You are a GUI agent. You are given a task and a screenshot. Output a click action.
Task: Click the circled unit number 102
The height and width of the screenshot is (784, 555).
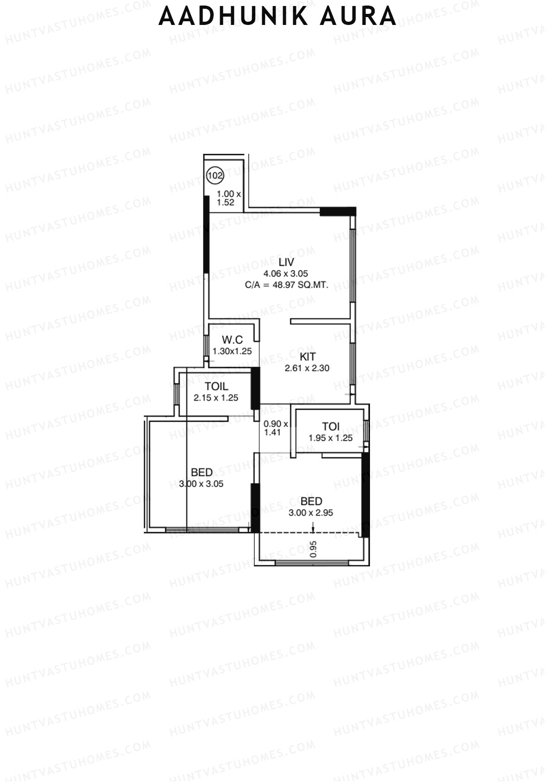click(216, 176)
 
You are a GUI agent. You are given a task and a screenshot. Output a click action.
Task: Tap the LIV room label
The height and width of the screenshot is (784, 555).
click(286, 262)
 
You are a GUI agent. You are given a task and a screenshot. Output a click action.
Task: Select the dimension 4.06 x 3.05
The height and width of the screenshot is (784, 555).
click(285, 273)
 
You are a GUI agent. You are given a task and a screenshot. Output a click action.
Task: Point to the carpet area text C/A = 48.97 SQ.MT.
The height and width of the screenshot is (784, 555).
click(287, 285)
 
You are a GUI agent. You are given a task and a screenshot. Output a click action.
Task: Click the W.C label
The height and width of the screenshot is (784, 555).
click(232, 340)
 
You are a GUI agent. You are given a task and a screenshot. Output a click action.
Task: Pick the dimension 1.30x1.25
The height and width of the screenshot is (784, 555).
click(232, 351)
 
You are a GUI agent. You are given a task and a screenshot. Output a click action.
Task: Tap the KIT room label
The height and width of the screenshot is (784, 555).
click(308, 357)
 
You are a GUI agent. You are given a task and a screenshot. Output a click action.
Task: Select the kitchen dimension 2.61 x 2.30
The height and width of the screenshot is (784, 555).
click(307, 368)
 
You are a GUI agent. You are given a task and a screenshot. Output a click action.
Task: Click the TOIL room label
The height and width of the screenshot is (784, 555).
click(216, 386)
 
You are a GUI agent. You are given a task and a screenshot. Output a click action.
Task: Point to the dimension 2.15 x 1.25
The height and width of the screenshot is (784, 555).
click(216, 398)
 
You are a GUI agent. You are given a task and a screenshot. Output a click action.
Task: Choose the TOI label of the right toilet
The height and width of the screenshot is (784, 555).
click(331, 426)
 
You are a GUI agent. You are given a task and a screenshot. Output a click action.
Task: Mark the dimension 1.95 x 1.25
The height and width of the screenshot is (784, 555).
click(331, 438)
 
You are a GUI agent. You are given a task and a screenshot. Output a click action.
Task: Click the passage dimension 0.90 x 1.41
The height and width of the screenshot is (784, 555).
click(276, 428)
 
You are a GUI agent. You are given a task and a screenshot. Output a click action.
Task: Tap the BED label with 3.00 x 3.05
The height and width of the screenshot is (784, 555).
click(202, 472)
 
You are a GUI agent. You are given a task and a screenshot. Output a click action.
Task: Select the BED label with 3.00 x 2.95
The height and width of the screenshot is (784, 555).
click(311, 501)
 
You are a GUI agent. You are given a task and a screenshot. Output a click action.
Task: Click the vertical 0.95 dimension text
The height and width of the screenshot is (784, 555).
click(314, 549)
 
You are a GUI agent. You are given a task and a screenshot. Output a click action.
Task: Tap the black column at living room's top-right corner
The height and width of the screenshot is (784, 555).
click(338, 211)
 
